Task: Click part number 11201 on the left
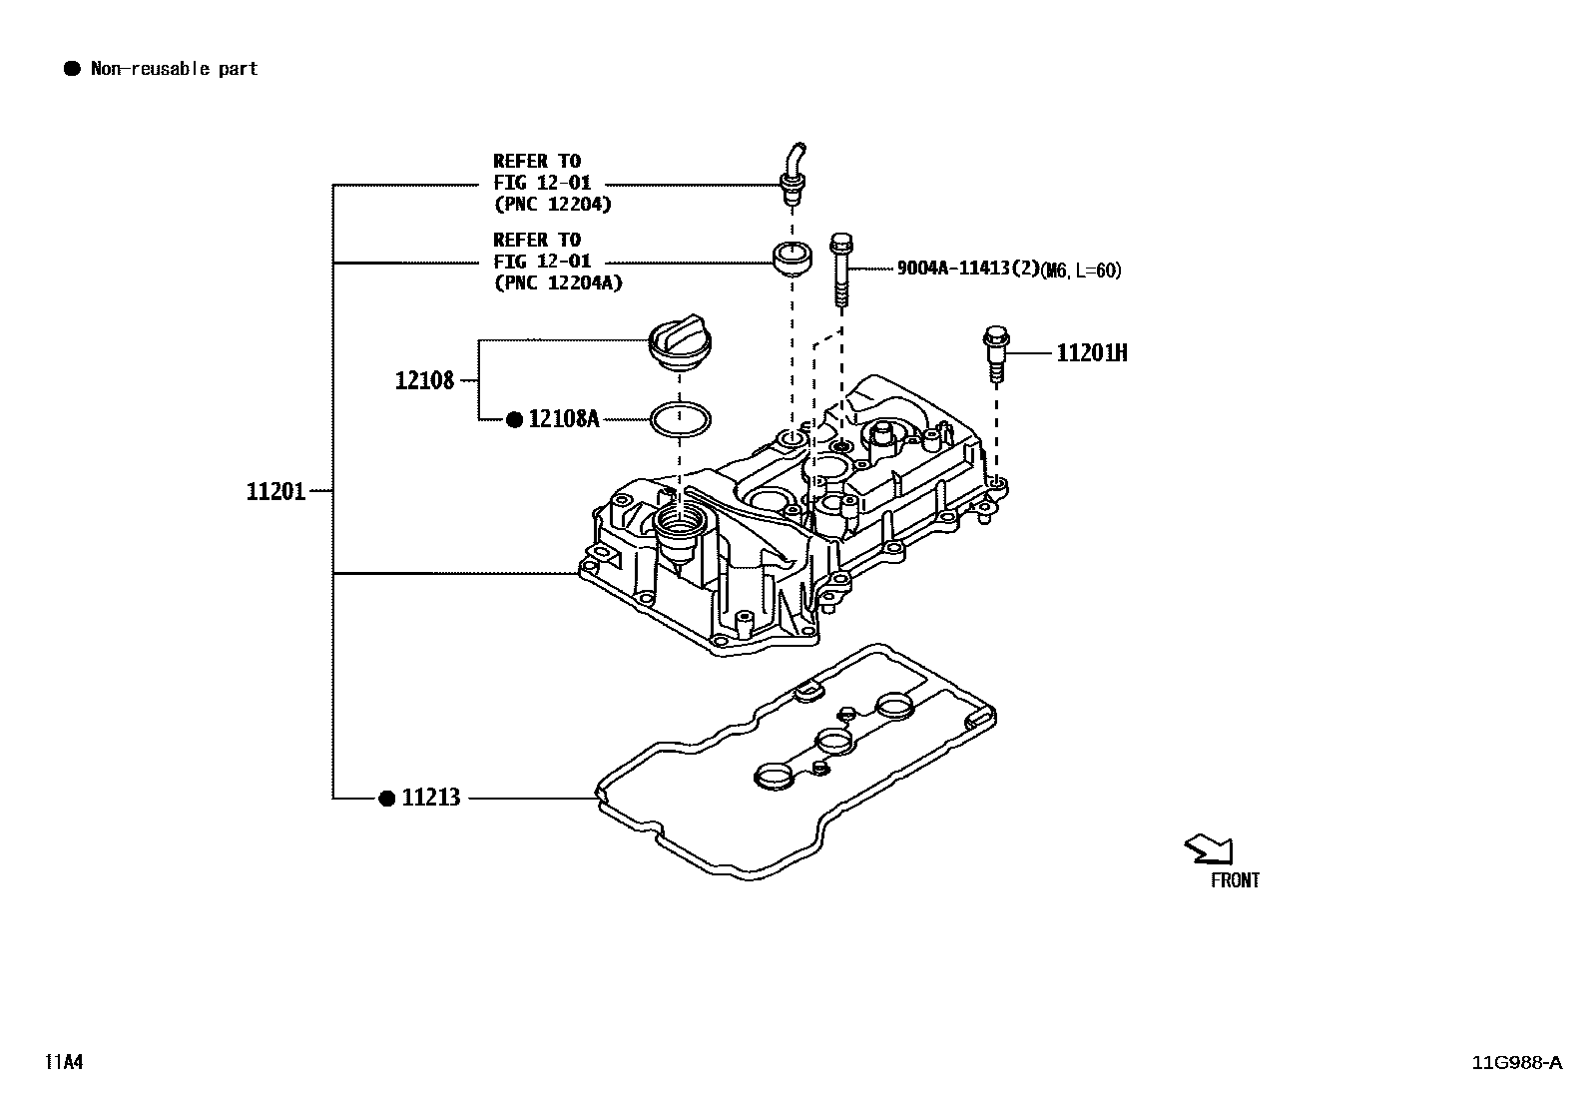coord(275,491)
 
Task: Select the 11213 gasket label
coord(431,798)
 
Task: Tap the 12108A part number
coord(563,419)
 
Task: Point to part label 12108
coord(424,380)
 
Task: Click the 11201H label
coord(1092,353)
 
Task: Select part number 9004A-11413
coord(965,269)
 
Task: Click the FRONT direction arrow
coord(1209,848)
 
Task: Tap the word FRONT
coord(1235,880)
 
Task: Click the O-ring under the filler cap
coord(680,419)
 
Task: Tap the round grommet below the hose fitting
coord(793,257)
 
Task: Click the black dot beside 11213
coord(387,798)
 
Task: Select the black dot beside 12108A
coord(514,420)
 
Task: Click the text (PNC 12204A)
coord(558,282)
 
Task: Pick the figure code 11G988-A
coord(1516,1062)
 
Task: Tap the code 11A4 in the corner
coord(63,1062)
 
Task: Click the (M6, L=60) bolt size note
coord(1080,271)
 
